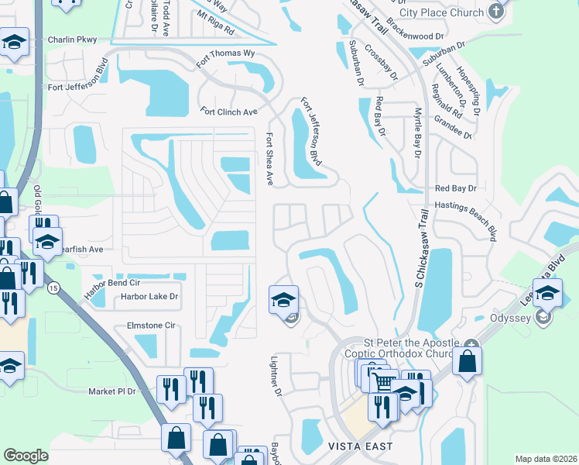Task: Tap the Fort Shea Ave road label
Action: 270,158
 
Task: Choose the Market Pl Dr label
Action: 111,391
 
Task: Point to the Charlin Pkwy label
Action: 71,40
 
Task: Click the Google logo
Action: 26,456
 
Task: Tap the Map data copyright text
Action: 545,459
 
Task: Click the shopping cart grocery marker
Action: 381,381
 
